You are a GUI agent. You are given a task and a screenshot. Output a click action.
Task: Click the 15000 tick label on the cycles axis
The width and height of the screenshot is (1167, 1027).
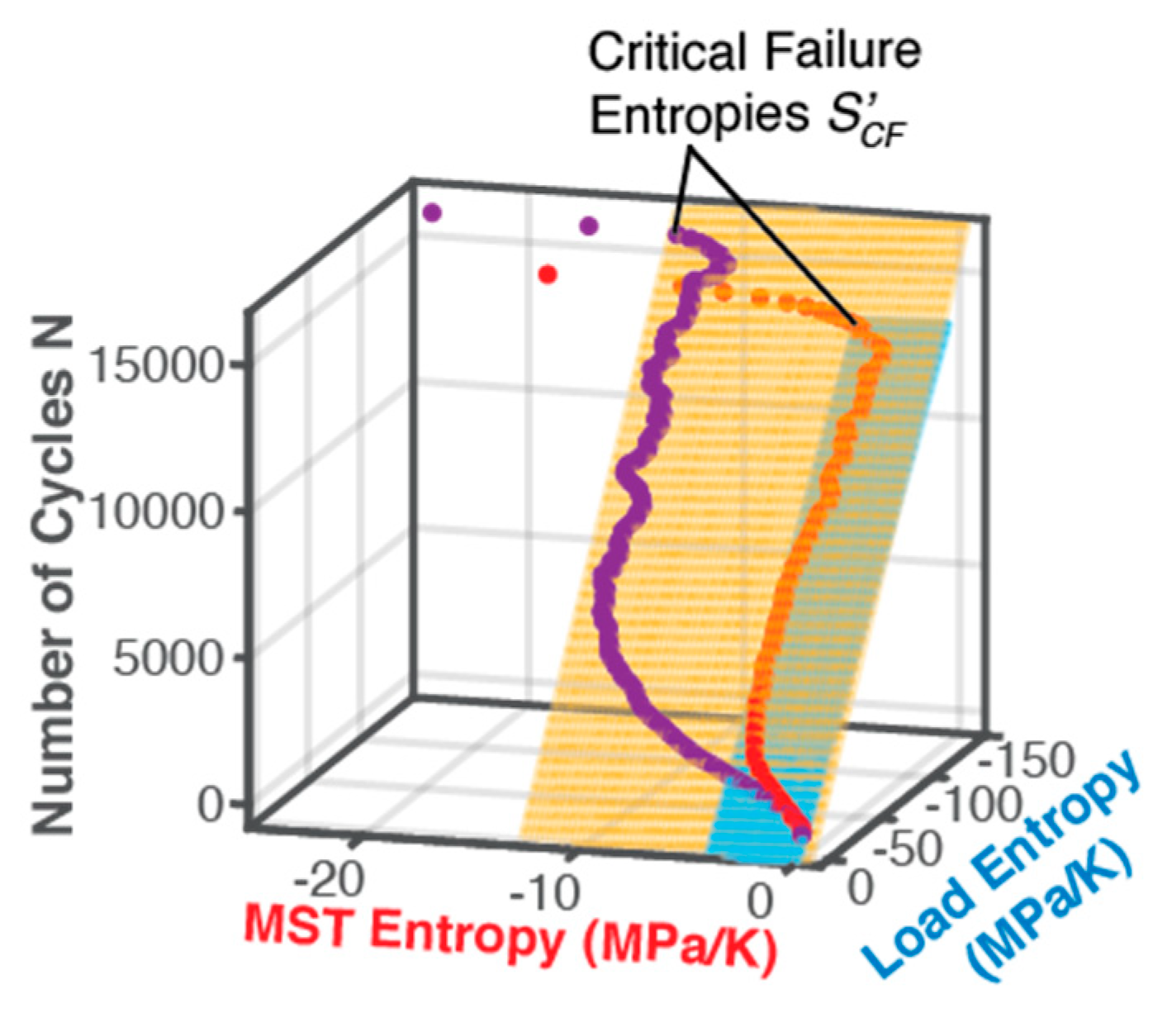point(154,364)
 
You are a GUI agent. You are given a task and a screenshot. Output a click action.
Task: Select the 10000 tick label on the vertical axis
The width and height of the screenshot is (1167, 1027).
point(154,511)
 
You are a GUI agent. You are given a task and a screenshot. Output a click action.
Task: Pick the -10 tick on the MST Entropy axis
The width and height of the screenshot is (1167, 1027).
point(542,892)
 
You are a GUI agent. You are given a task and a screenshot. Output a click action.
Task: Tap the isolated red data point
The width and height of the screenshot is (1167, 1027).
point(547,274)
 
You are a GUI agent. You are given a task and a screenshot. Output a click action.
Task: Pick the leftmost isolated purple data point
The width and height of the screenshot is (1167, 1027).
point(431,213)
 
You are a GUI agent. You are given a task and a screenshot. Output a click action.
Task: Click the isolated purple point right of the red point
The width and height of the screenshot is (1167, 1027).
point(589,225)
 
